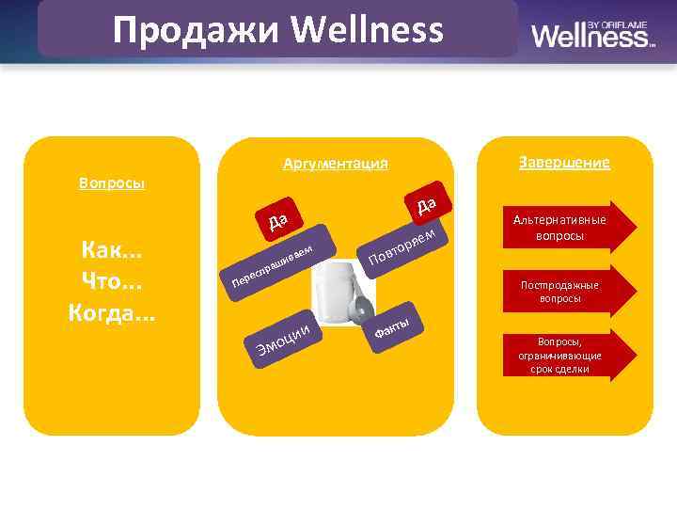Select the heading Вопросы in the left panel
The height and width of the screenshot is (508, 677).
point(112,183)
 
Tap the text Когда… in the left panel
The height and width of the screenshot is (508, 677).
point(112,312)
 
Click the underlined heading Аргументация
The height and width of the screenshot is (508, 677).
point(335,164)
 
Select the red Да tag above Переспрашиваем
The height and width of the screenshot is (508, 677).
point(277,221)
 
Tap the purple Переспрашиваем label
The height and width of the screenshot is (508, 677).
point(273,265)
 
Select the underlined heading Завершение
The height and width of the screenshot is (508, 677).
point(563,162)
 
